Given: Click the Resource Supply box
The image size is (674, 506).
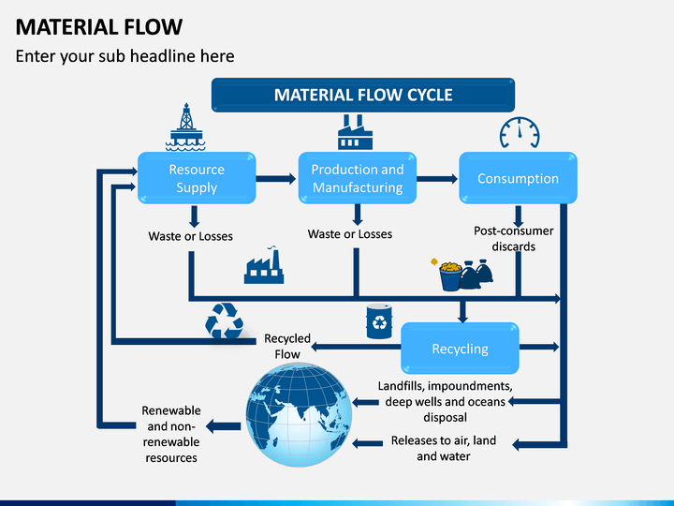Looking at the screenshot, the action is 197,178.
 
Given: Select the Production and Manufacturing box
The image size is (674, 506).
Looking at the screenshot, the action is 358,178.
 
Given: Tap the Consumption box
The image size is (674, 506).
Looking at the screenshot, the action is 518,178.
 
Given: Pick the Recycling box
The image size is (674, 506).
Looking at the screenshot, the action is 460,348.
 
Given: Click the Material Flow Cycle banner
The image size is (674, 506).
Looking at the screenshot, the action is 363,95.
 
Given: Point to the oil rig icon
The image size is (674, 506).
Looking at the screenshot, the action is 185,127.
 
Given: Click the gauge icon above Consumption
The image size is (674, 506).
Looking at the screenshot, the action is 520,132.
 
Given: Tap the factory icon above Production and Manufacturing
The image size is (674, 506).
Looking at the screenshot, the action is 355,132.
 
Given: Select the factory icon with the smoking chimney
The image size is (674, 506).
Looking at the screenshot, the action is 264,265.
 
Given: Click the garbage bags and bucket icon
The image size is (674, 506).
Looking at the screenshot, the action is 462,275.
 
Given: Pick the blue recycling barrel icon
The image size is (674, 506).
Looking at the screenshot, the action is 379,321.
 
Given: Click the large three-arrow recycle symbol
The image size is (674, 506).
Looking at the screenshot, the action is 225,321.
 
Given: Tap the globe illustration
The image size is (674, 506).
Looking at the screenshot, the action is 300,414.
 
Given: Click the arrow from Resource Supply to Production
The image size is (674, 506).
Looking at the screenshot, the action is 276,179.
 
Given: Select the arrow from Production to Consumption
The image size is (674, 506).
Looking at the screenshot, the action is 437,179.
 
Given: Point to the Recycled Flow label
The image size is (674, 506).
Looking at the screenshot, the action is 287,347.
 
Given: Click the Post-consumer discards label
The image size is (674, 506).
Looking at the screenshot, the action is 514,239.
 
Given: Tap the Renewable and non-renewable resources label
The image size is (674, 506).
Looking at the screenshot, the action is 171,434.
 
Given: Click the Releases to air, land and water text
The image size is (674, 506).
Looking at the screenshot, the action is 444,448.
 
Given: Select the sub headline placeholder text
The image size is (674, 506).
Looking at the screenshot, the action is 125,56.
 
